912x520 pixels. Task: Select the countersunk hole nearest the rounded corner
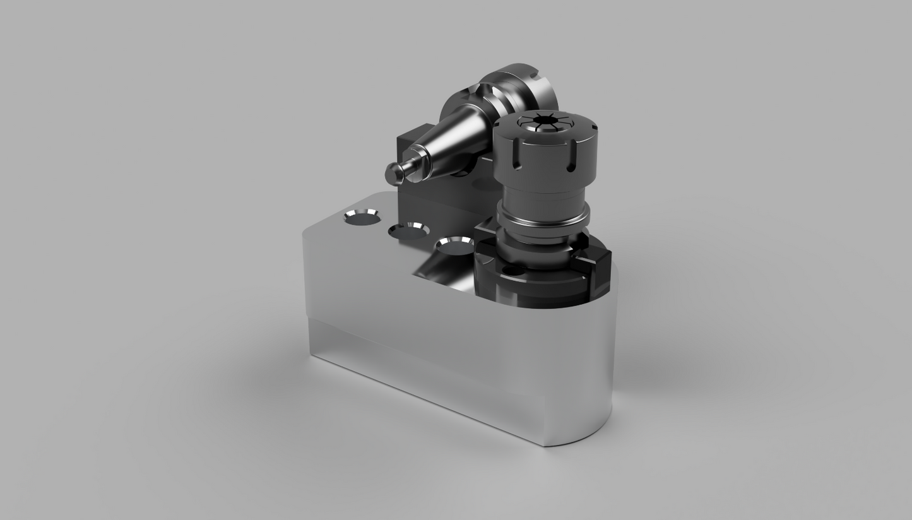coord(361,217)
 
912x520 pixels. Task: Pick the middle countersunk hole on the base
coord(408,230)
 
